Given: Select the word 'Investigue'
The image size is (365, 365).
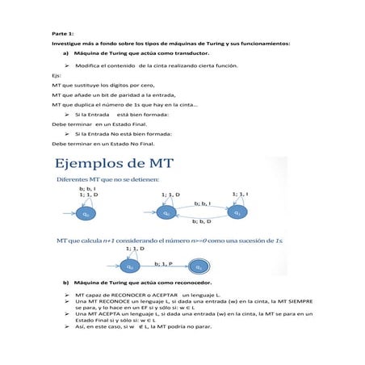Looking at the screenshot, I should [x=66, y=43].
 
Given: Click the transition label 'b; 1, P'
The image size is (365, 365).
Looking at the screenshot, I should [x=162, y=263].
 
